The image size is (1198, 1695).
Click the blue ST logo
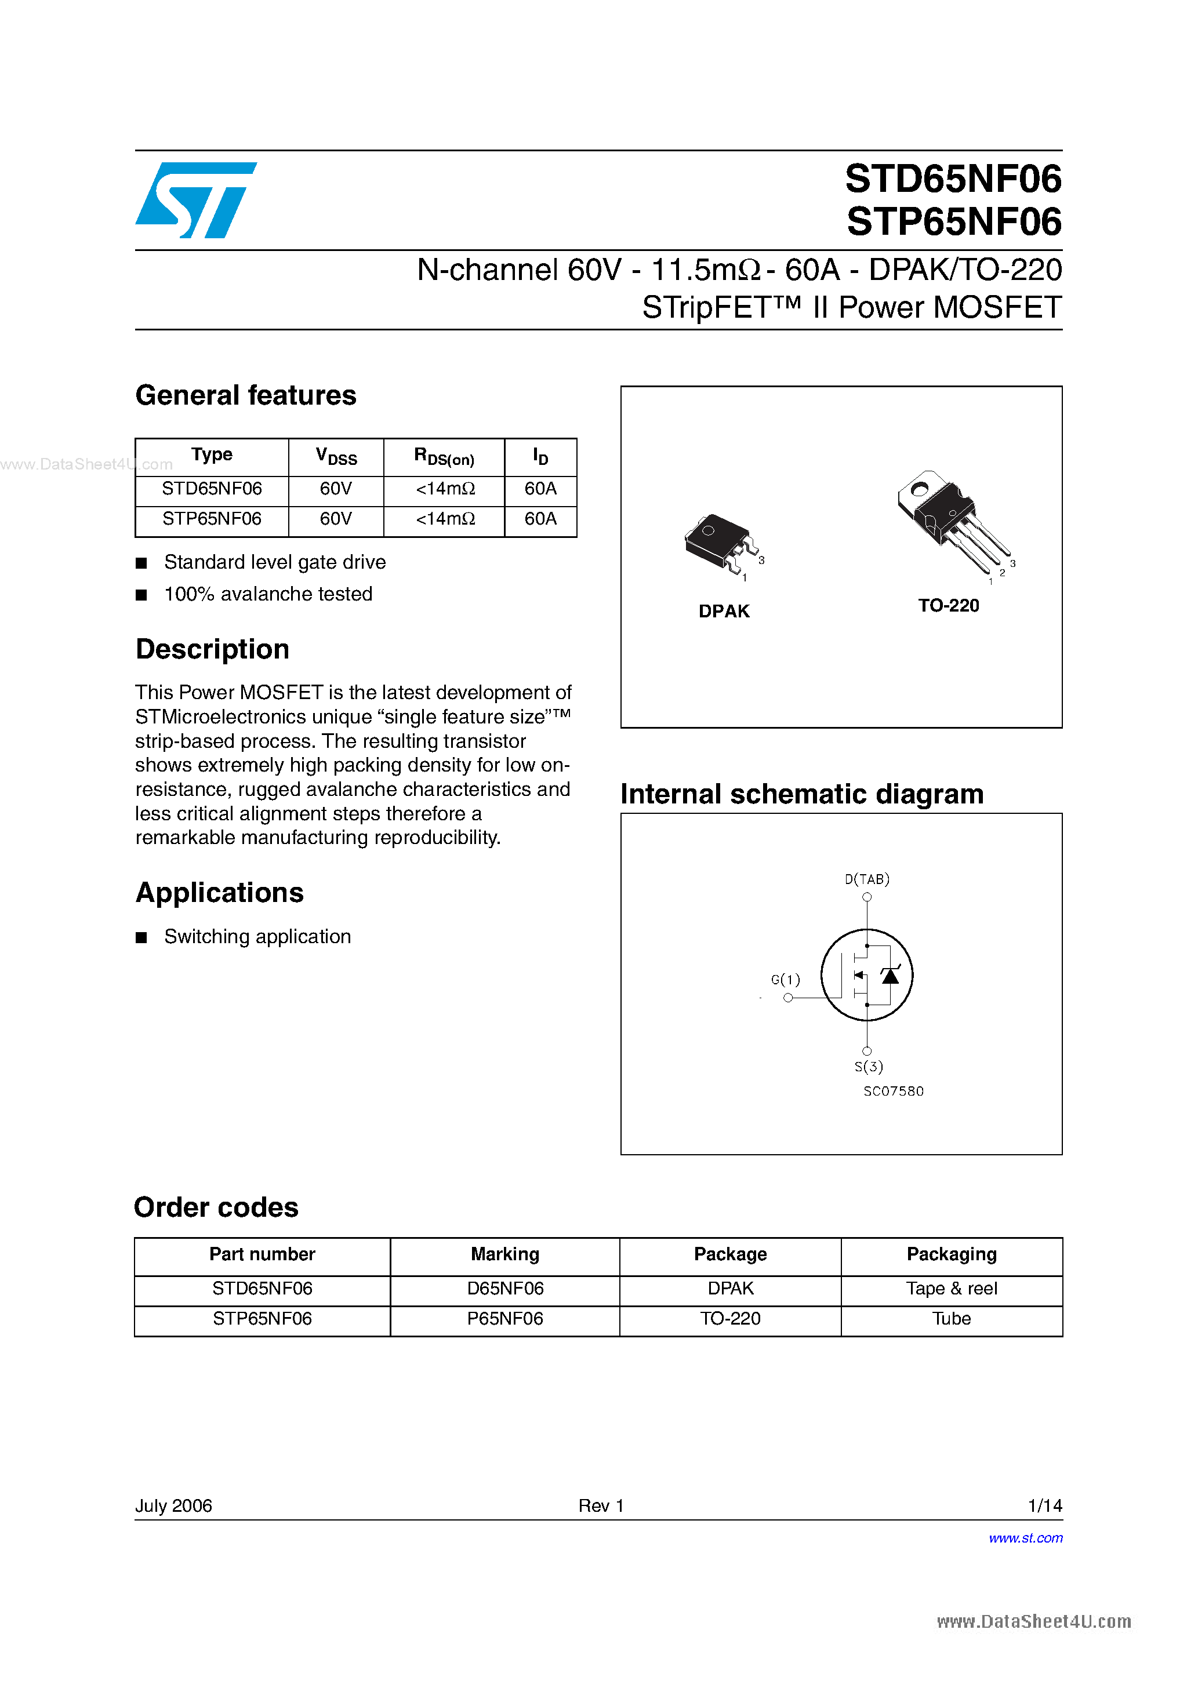click(196, 200)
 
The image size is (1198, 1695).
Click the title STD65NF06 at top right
click(953, 179)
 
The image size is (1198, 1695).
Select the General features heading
click(246, 396)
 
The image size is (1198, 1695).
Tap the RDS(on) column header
click(444, 457)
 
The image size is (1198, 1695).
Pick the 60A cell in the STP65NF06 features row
click(540, 519)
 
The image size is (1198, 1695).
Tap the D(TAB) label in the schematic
click(867, 879)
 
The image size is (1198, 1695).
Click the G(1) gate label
click(785, 980)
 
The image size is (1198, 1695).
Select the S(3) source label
click(869, 1067)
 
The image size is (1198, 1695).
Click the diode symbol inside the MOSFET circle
click(891, 976)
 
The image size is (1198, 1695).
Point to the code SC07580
click(894, 1091)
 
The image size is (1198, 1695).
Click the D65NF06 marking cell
click(505, 1288)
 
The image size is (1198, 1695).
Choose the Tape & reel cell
click(952, 1288)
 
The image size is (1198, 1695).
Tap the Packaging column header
click(952, 1254)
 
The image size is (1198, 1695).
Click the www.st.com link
click(1025, 1538)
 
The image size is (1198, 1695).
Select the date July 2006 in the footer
click(173, 1505)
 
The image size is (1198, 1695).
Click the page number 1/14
click(1044, 1505)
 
